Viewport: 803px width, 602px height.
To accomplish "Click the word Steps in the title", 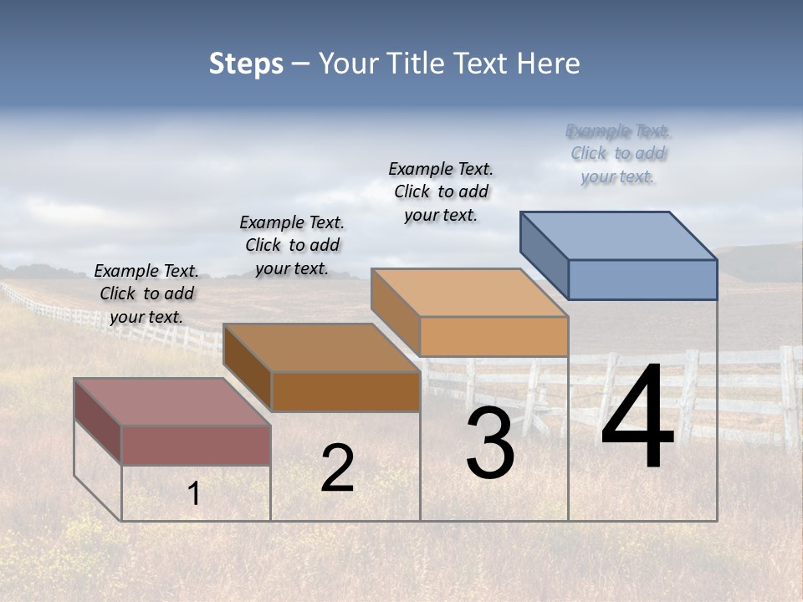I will point(246,64).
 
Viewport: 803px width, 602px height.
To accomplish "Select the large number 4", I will point(637,417).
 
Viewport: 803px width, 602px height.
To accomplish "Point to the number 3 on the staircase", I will point(490,443).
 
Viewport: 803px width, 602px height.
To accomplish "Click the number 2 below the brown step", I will point(337,468).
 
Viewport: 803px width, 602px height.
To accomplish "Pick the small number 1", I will point(194,494).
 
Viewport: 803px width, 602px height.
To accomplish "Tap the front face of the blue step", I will point(642,279).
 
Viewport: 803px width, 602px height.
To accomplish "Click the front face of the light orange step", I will point(494,337).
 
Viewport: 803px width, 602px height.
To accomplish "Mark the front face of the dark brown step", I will point(345,391).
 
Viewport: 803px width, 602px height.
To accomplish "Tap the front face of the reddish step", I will point(196,445).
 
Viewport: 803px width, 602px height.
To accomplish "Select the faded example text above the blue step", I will point(618,154).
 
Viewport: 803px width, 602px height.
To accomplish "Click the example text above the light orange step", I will point(441,191).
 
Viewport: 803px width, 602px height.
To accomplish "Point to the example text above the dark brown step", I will point(292,245).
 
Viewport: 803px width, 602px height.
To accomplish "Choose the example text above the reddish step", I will point(146,293).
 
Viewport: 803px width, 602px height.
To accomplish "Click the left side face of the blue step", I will point(545,254).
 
